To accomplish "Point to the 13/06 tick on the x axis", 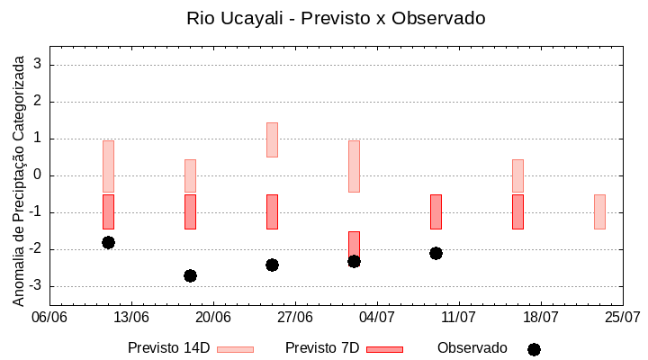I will pos(132,317).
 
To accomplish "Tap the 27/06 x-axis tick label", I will pos(295,317).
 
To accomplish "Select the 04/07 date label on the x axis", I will pos(377,317).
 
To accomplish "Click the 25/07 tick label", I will pos(622,317).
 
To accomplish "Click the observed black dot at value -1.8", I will pos(108,242).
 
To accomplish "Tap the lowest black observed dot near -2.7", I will pos(190,275).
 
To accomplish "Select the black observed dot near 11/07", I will pos(436,253).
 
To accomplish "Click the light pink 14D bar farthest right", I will pos(599,211).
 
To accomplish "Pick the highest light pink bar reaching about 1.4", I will pos(272,139).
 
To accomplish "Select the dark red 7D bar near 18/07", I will pos(517,211).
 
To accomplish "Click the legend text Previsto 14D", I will pos(169,348).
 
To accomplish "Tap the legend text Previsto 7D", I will pos(322,348).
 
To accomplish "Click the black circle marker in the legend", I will pos(534,349).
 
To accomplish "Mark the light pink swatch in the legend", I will pos(235,349).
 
